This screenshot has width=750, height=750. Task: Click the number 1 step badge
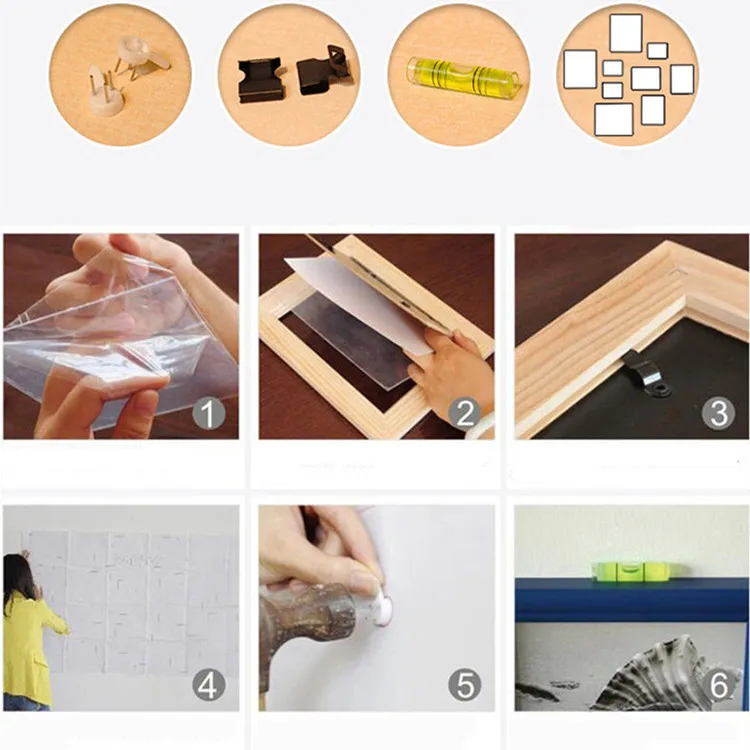(x=209, y=413)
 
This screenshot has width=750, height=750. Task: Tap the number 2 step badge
(x=464, y=413)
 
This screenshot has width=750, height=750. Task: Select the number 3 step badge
(x=718, y=413)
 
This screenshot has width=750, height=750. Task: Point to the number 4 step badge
(x=209, y=685)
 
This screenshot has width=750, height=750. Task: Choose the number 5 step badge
(x=464, y=685)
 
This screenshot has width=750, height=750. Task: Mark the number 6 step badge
(x=718, y=685)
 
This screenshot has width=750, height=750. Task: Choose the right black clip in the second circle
(x=324, y=72)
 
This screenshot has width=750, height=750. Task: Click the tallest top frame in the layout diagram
(x=626, y=33)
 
